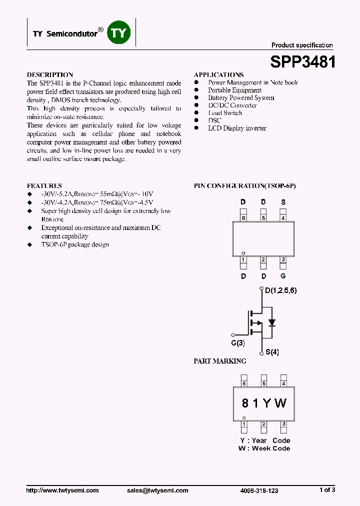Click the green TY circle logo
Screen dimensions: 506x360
pos(119,33)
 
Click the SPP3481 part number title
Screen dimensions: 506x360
pos(302,61)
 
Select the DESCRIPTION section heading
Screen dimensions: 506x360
pos(49,74)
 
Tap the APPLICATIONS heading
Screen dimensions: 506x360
pos(218,74)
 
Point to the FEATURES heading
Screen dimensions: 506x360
pos(44,185)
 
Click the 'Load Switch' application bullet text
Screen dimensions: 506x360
pos(225,113)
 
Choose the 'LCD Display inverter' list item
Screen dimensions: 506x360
pos(237,128)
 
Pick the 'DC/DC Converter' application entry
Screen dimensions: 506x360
pos(232,105)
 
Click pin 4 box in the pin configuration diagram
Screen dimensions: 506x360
pos(283,217)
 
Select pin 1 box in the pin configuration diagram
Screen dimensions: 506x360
pos(243,259)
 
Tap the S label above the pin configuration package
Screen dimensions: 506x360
pos(283,202)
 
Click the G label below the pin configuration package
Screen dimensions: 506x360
pos(283,276)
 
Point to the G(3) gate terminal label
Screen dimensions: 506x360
pos(237,343)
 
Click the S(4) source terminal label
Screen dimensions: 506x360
pos(272,352)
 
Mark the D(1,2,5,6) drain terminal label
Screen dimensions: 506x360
pos(280,290)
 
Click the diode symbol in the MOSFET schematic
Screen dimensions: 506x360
pos(272,322)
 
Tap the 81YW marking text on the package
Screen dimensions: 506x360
pos(263,403)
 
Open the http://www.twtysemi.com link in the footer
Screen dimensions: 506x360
pos(62,490)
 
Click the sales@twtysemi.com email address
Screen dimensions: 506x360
pos(157,490)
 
